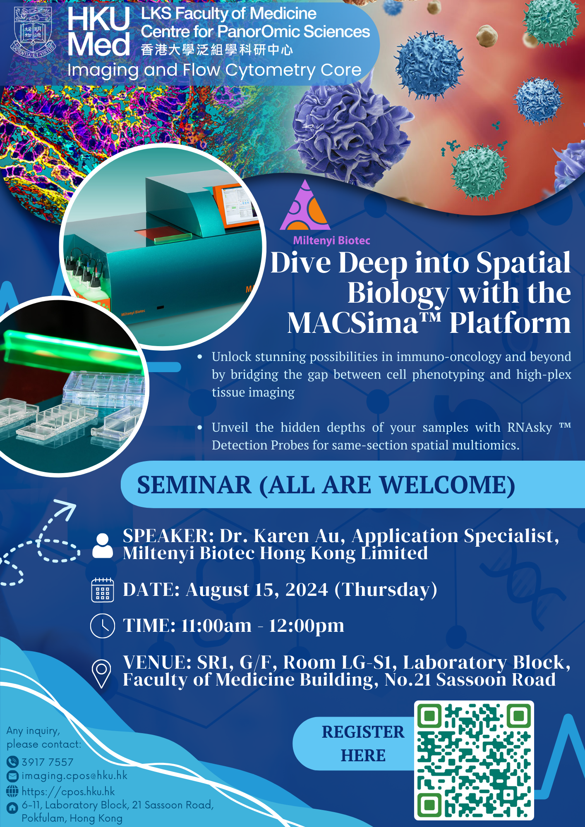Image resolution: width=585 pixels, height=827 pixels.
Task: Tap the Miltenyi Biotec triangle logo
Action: tap(305, 205)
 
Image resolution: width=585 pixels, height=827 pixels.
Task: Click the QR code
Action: tap(474, 760)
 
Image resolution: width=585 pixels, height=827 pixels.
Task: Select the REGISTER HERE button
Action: tap(363, 743)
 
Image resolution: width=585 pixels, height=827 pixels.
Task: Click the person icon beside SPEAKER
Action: tap(103, 546)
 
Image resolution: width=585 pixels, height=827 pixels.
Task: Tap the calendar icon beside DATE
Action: tap(102, 590)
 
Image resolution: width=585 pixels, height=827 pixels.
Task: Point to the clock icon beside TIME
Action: tap(102, 626)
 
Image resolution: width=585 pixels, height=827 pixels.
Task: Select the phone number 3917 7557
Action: tap(48, 762)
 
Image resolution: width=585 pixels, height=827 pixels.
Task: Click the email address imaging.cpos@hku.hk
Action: tap(74, 776)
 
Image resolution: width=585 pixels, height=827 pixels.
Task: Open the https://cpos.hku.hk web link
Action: tap(68, 791)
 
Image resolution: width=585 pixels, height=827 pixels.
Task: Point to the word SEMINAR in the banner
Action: tap(194, 485)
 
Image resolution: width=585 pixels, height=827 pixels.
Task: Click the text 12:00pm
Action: tap(307, 626)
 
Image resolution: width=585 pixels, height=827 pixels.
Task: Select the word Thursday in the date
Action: tap(386, 590)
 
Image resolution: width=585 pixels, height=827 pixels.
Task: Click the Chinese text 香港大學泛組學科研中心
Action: tap(217, 50)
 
